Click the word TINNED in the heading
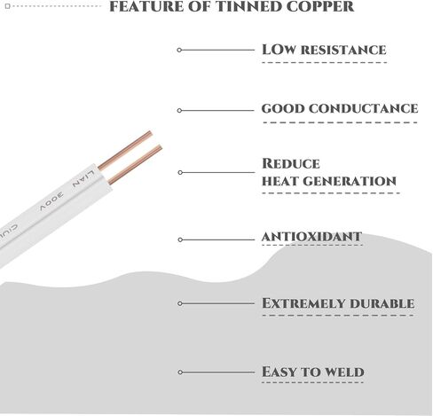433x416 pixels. [x=251, y=6]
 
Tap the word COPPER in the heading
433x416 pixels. [x=320, y=6]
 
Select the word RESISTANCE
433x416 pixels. [x=343, y=50]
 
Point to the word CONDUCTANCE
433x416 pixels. [x=364, y=108]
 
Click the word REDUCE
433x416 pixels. [x=291, y=163]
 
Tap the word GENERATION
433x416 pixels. [x=350, y=181]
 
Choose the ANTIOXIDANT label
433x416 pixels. [x=311, y=237]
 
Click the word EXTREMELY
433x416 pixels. [x=303, y=303]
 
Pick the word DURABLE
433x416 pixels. [x=382, y=303]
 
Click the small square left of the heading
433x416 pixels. [x=8, y=6]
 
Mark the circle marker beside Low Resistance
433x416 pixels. [x=179, y=50]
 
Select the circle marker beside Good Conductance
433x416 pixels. [x=179, y=110]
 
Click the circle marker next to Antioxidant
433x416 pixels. [x=180, y=239]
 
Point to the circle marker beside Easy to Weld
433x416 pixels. [x=180, y=372]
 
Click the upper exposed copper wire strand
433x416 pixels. [x=125, y=150]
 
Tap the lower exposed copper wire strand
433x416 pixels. [x=135, y=164]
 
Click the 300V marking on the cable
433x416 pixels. [x=51, y=201]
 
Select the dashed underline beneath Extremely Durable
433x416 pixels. [x=338, y=316]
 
